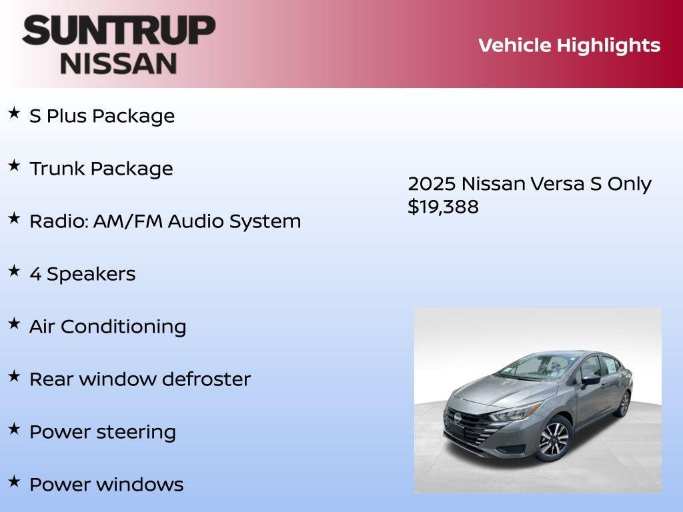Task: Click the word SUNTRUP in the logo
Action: pos(118,31)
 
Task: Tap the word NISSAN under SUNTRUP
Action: pos(119,63)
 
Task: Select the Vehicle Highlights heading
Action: pos(569,45)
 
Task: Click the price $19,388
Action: pos(443,207)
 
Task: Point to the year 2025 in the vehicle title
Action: pos(432,184)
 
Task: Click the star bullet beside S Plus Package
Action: pos(14,113)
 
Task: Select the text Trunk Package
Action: pos(101,169)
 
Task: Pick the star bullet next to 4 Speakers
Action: pos(14,271)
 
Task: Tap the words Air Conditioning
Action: pos(107,327)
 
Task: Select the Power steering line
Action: pos(102,432)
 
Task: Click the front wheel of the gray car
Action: pos(553,438)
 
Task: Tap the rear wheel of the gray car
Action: pos(624,404)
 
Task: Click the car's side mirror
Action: pos(590,380)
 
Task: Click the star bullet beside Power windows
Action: pos(14,481)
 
